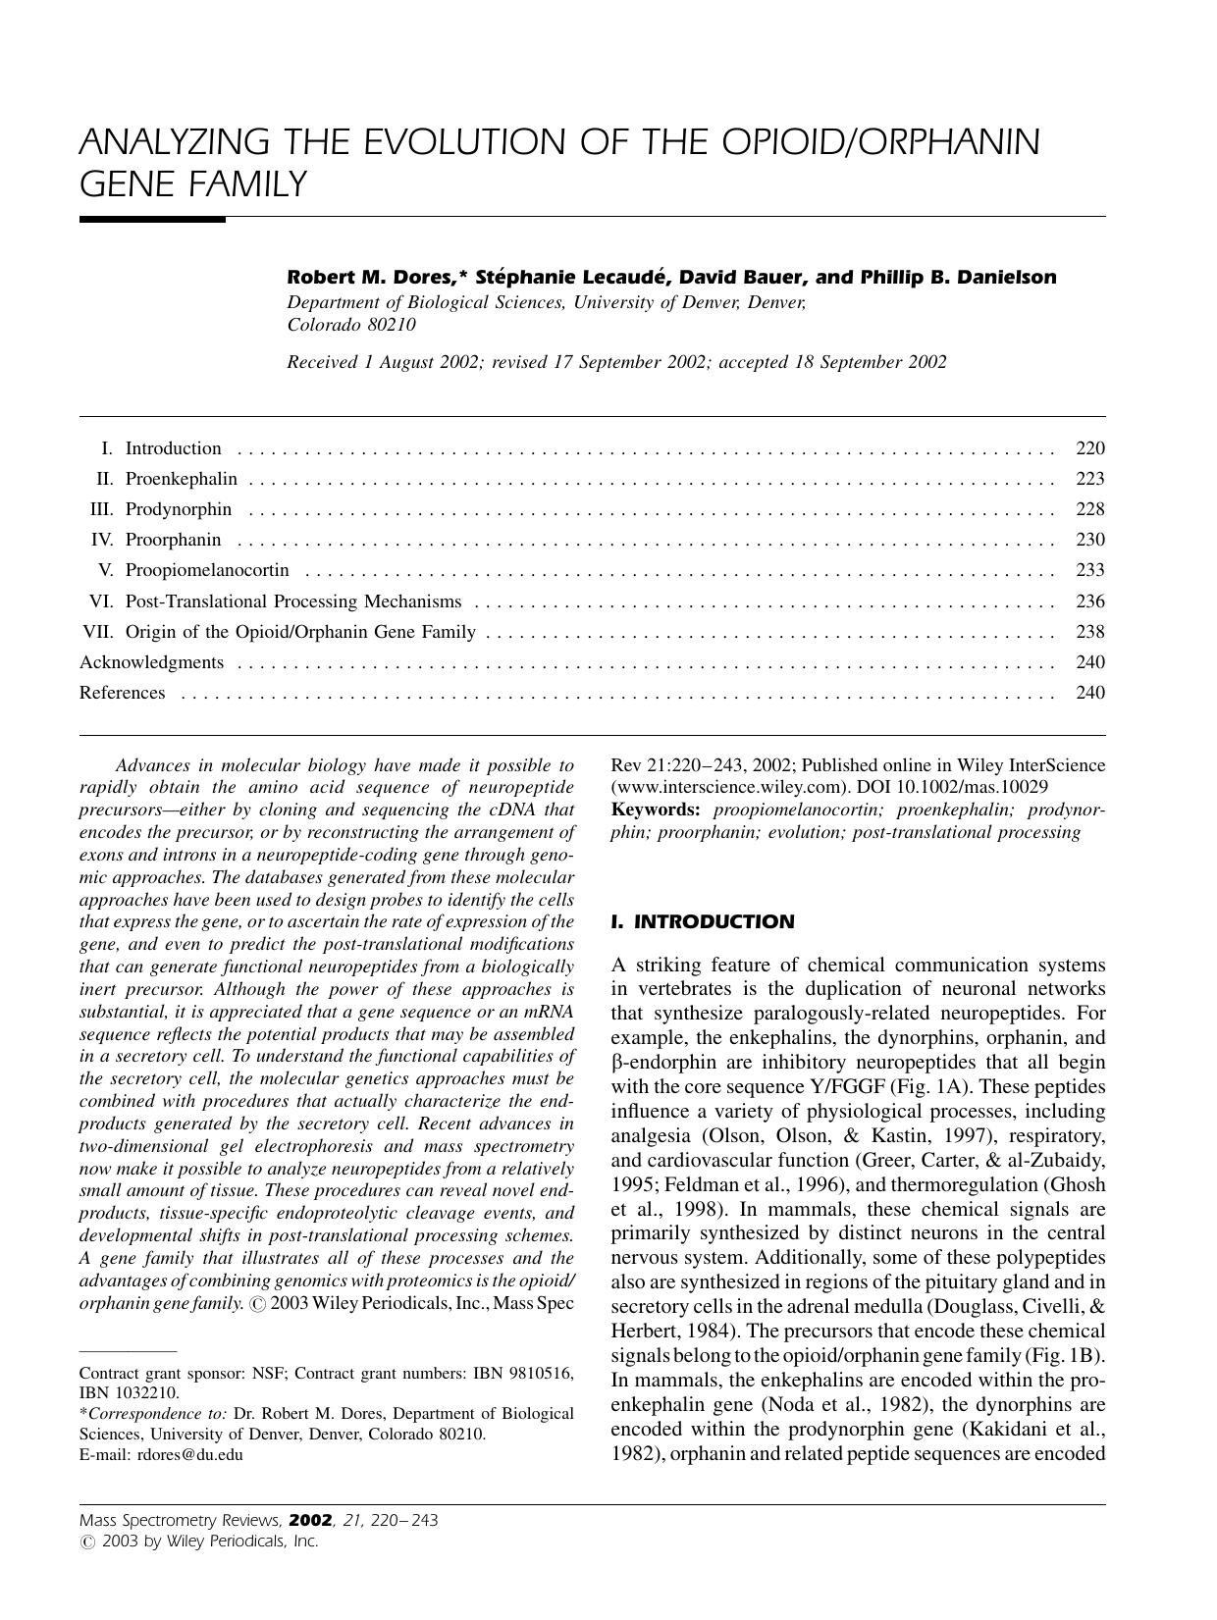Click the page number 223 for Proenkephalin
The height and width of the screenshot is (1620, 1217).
pyautogui.click(x=1089, y=479)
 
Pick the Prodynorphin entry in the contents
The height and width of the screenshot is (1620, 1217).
pyautogui.click(x=179, y=509)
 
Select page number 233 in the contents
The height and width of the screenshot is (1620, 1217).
pyautogui.click(x=1089, y=570)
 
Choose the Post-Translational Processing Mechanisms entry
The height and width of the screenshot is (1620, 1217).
pyautogui.click(x=292, y=601)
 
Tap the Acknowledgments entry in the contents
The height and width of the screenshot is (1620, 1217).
pyautogui.click(x=151, y=662)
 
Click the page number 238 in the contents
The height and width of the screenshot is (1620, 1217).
pyautogui.click(x=1089, y=632)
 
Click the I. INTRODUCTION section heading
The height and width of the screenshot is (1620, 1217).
pyautogui.click(x=702, y=922)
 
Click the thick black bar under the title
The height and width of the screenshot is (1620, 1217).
pyautogui.click(x=152, y=220)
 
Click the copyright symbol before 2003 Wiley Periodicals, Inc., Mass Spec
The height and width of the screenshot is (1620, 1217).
pyautogui.click(x=257, y=1305)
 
